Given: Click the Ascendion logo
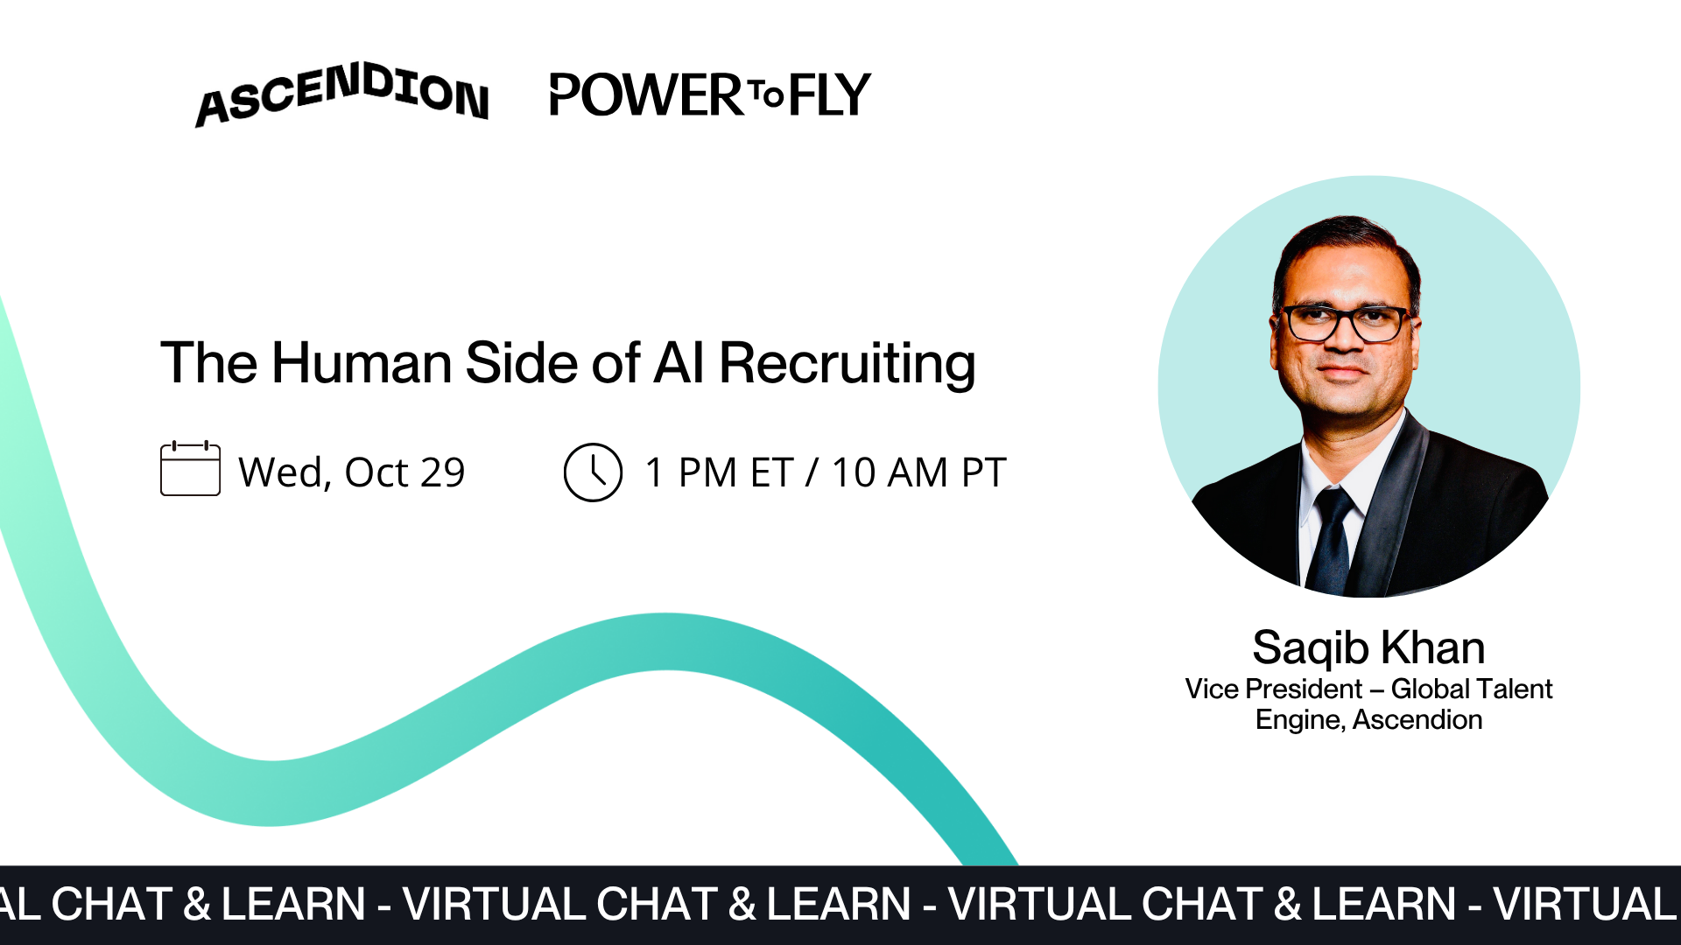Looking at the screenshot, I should click(x=341, y=94).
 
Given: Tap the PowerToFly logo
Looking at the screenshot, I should click(x=709, y=94).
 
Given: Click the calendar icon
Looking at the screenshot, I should click(x=190, y=469).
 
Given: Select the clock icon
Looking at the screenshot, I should click(x=593, y=472).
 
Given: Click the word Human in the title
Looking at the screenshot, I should click(x=362, y=363).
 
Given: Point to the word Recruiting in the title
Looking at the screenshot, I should click(x=847, y=363).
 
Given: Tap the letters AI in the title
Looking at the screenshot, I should click(x=679, y=363).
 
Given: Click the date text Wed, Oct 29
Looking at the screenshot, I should click(x=352, y=472).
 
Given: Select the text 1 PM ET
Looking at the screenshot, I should click(x=719, y=472).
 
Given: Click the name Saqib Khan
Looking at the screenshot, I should click(x=1368, y=648).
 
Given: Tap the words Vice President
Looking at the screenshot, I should click(x=1273, y=689).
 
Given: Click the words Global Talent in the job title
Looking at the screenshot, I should click(x=1471, y=689).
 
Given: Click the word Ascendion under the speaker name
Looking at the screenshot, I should click(x=1417, y=720).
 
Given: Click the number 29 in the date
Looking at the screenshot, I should click(x=442, y=472).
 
